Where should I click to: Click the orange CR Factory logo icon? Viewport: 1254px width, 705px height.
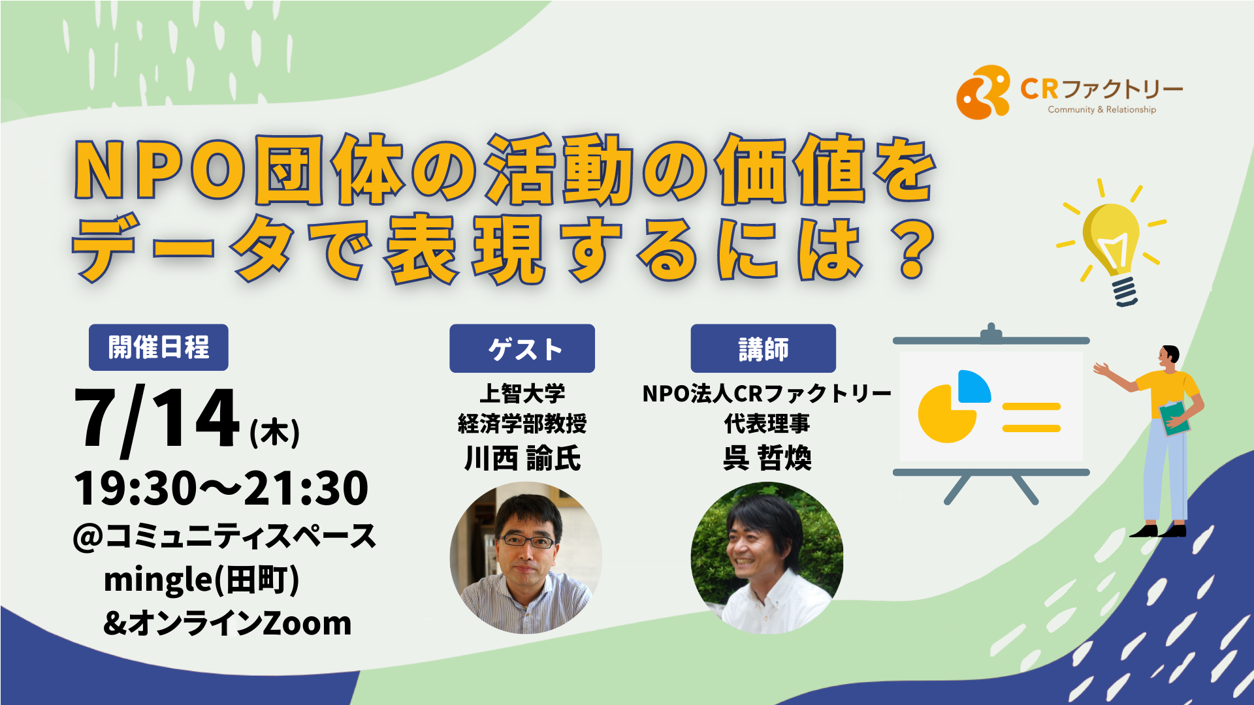(x=982, y=92)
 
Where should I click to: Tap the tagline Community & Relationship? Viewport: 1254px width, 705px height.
(x=1102, y=110)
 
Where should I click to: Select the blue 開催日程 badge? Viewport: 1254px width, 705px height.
(x=159, y=347)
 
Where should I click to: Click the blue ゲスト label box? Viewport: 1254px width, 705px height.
(x=522, y=349)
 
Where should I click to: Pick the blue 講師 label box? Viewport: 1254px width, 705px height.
(x=764, y=349)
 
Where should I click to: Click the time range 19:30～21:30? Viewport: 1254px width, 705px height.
(x=221, y=488)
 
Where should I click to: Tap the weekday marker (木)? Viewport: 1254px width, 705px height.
(x=275, y=433)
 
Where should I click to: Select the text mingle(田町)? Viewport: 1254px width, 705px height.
(x=201, y=580)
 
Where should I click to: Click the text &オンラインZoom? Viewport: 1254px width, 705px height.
(x=227, y=623)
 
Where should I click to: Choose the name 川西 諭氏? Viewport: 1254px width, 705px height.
(x=522, y=458)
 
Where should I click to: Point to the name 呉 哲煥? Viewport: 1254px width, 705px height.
(x=767, y=458)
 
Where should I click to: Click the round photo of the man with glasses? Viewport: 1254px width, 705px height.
(x=526, y=557)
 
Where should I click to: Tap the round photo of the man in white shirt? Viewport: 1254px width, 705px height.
(x=767, y=557)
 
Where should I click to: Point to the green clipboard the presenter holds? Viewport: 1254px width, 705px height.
(x=1174, y=418)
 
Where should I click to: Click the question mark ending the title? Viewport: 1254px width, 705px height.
(x=912, y=249)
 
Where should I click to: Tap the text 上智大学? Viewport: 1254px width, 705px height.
(x=522, y=394)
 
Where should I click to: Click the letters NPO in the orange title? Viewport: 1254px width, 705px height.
(x=161, y=170)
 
